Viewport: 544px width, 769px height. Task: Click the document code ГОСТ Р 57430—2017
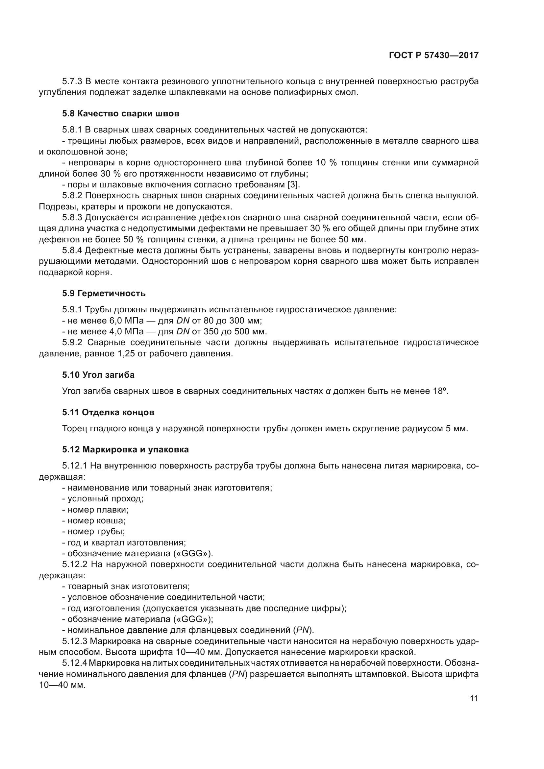tap(433, 56)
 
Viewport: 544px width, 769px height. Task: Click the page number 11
tap(474, 699)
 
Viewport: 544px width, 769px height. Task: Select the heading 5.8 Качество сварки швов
tap(121, 113)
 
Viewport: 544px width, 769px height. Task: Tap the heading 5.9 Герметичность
tap(104, 293)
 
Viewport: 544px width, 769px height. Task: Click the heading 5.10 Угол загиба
tap(98, 375)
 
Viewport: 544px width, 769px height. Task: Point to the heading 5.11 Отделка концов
tap(108, 412)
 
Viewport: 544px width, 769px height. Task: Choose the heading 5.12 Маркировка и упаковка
tap(125, 449)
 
